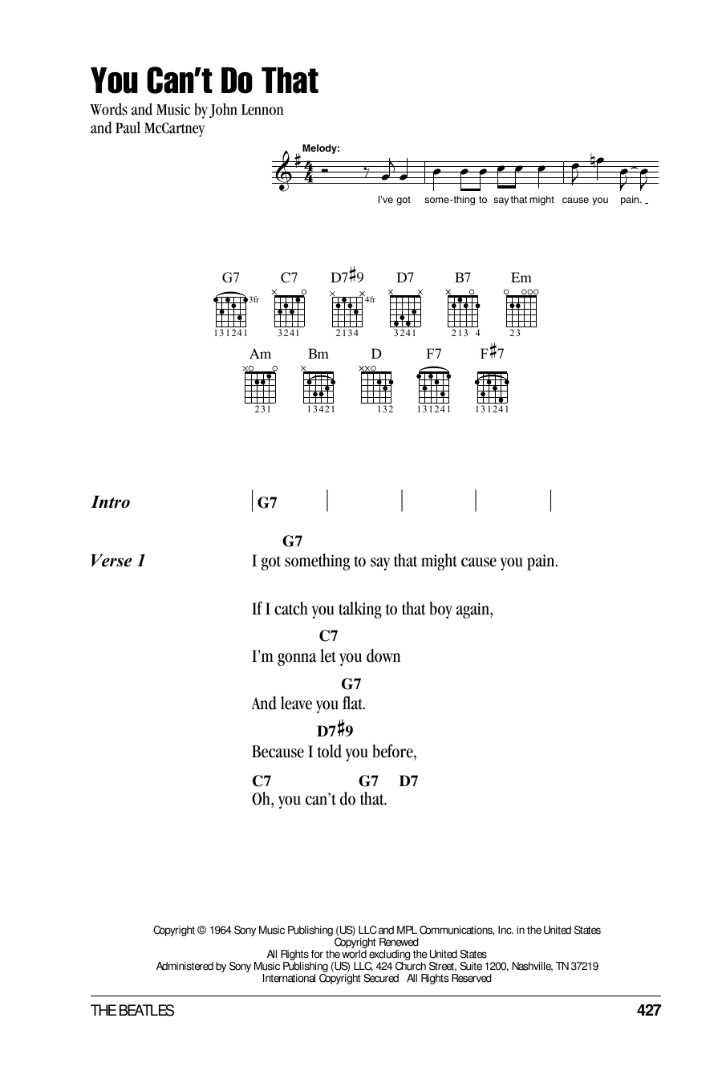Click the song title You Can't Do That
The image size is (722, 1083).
(204, 81)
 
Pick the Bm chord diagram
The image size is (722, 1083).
(318, 387)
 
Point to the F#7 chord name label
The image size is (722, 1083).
(492, 352)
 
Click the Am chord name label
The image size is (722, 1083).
(261, 354)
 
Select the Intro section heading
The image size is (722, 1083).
(111, 503)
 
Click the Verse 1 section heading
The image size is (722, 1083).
(119, 561)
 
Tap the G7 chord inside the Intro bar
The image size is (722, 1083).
(268, 503)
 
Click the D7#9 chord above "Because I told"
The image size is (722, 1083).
(335, 731)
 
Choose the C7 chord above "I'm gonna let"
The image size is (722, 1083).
(328, 635)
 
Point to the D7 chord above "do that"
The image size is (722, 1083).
(408, 780)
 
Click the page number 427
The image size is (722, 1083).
(648, 1011)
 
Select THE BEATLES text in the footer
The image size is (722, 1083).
(132, 1011)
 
